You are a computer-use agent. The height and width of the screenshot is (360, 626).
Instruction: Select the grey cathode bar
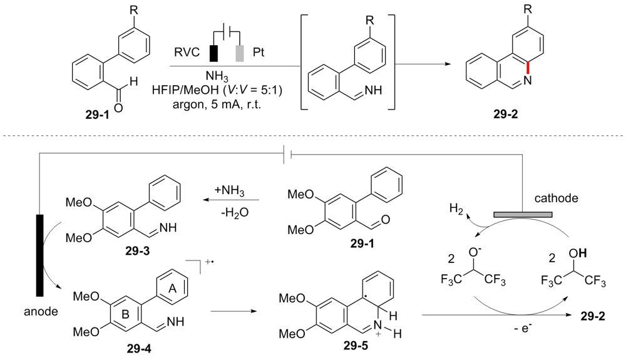[x=523, y=214]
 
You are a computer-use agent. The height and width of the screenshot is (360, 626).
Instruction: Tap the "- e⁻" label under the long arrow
[x=486, y=327]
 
